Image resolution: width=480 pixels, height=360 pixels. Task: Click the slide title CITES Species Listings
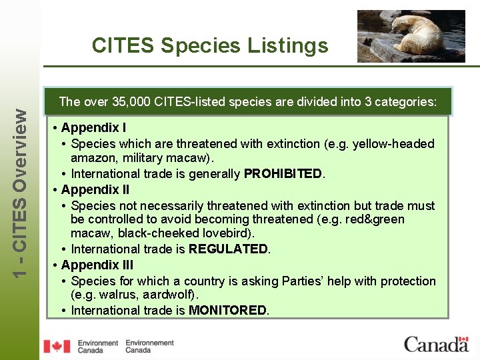click(210, 45)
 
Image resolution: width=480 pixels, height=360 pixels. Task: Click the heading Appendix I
click(93, 127)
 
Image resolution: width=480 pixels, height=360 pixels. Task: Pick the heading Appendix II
click(95, 189)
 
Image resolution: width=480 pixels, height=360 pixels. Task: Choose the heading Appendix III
click(97, 265)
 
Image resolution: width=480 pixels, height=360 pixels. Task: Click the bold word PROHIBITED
click(283, 174)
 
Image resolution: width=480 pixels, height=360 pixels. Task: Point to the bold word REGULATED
click(229, 249)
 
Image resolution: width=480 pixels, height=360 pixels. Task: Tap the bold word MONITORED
click(228, 311)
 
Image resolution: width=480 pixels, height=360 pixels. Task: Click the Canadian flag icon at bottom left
click(57, 346)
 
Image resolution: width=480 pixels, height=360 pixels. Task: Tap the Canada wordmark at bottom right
click(436, 345)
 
